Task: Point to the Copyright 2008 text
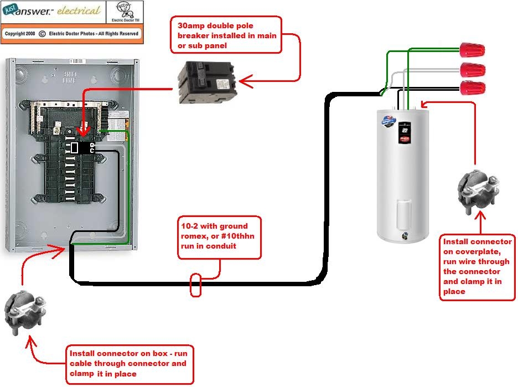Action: (20, 34)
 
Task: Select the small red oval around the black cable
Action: (196, 284)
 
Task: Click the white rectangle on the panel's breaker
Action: (75, 147)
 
